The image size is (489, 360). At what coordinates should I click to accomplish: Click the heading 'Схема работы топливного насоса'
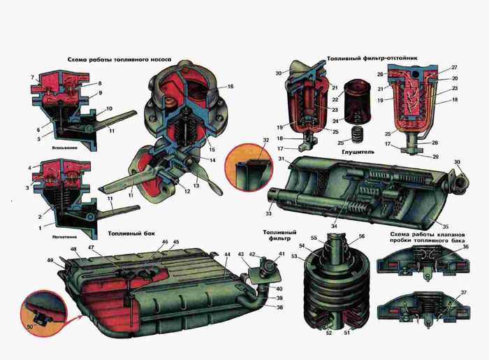click(x=119, y=59)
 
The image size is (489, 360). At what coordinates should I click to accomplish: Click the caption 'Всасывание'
click(x=64, y=148)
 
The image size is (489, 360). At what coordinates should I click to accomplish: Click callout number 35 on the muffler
click(x=445, y=226)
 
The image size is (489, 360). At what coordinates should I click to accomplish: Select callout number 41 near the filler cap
click(x=282, y=254)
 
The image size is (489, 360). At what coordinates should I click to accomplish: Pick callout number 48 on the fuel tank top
click(x=73, y=250)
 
